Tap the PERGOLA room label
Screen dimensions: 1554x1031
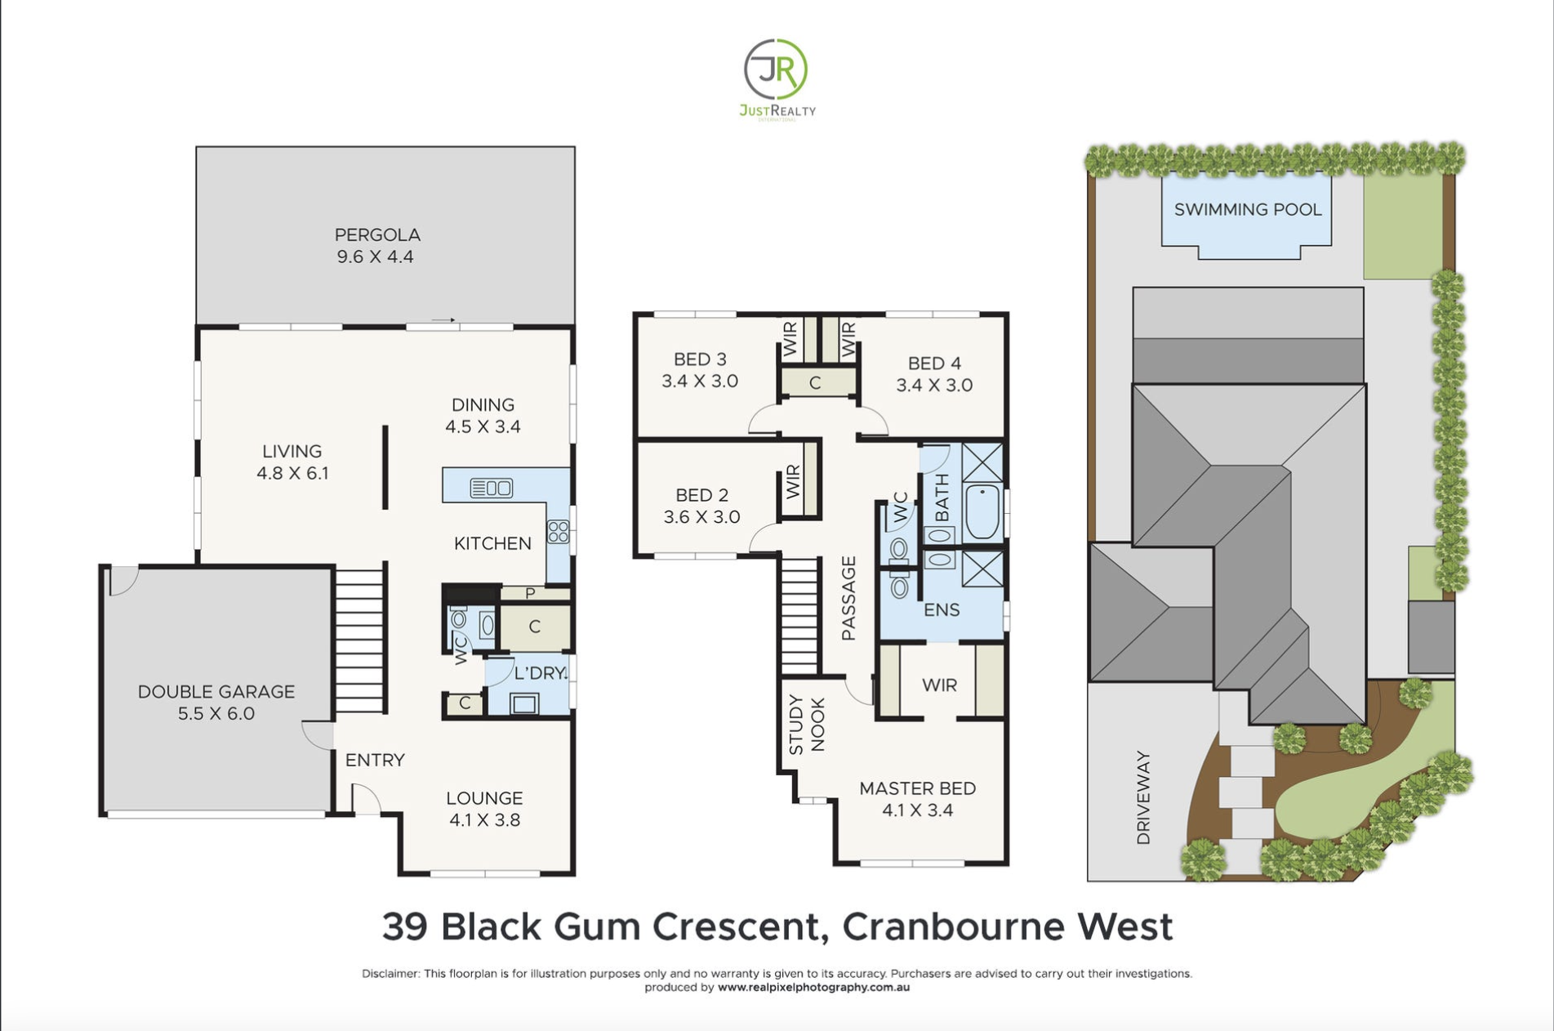[x=377, y=234]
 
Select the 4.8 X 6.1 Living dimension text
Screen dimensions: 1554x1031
[x=292, y=473]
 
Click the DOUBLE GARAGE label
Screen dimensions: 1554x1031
[x=216, y=692]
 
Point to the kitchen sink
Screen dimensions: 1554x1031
[x=492, y=489]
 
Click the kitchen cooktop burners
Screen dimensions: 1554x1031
[x=559, y=532]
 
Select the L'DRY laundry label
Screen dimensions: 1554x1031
[x=541, y=673]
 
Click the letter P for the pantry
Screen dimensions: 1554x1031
[x=530, y=593]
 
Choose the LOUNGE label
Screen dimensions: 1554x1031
[x=484, y=798]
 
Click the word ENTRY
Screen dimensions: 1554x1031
[x=375, y=761]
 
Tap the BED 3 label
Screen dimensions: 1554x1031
[x=700, y=359]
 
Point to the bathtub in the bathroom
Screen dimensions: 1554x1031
[x=982, y=512]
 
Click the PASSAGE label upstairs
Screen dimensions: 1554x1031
[x=848, y=598]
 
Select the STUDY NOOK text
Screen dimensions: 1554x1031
[x=807, y=725]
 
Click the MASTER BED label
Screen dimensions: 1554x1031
[x=917, y=788]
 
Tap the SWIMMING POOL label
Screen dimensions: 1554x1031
[x=1248, y=210]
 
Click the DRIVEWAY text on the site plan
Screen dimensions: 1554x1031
[x=1143, y=797]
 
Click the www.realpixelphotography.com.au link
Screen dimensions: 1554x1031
[x=813, y=987]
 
